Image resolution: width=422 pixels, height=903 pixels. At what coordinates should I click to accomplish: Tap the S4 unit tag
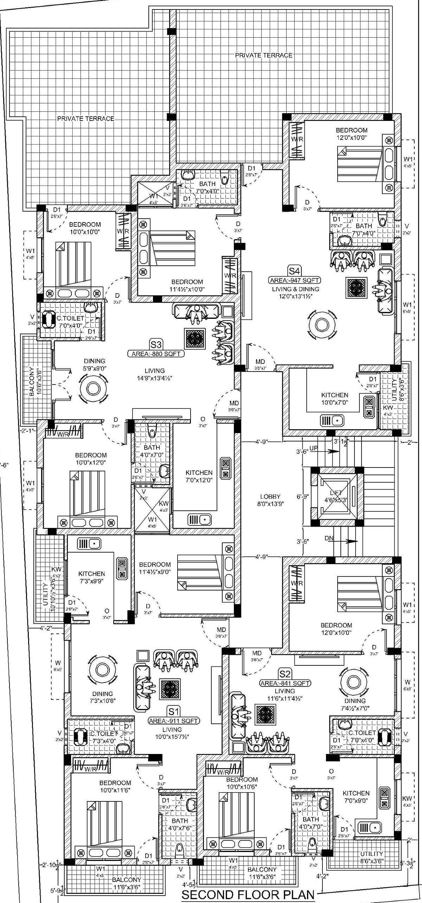(294, 271)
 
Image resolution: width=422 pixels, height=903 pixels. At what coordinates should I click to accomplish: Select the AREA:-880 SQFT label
(156, 354)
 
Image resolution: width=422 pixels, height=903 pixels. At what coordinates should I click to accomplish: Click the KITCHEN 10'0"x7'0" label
(334, 399)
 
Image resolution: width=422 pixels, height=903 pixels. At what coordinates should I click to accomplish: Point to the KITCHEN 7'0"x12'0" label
(199, 476)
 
